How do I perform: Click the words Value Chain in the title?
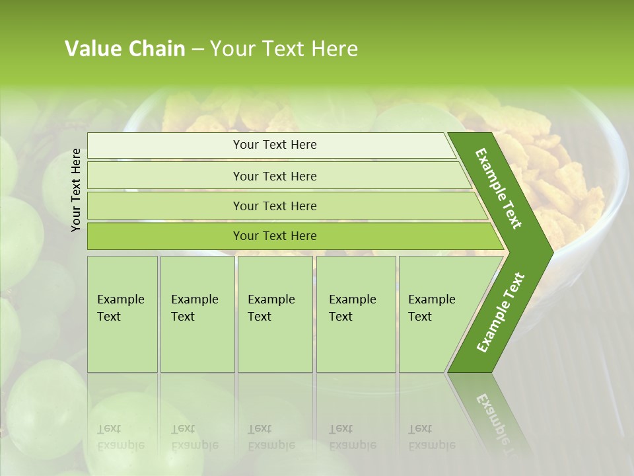(x=125, y=49)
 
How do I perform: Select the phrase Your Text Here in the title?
(x=284, y=49)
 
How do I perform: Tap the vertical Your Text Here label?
(x=76, y=190)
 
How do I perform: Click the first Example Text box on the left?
(x=122, y=314)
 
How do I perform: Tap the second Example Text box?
(x=197, y=314)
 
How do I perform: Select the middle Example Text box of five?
(x=275, y=314)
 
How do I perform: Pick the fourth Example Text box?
(x=356, y=314)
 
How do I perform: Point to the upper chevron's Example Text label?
(x=499, y=188)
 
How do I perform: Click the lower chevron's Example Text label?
(x=500, y=313)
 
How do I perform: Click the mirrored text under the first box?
(x=120, y=437)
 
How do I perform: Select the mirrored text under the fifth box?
(x=431, y=437)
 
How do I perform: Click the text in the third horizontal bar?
(x=275, y=206)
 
